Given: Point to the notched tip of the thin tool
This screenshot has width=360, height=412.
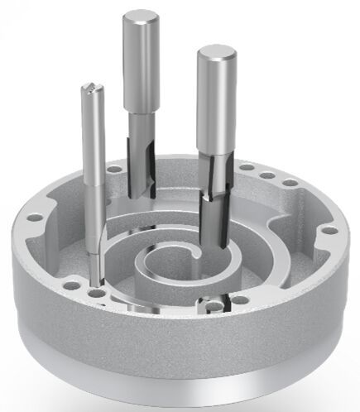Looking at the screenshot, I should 90,87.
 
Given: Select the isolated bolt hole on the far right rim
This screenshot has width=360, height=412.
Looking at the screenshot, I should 329,229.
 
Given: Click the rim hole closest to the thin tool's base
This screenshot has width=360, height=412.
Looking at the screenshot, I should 98,292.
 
